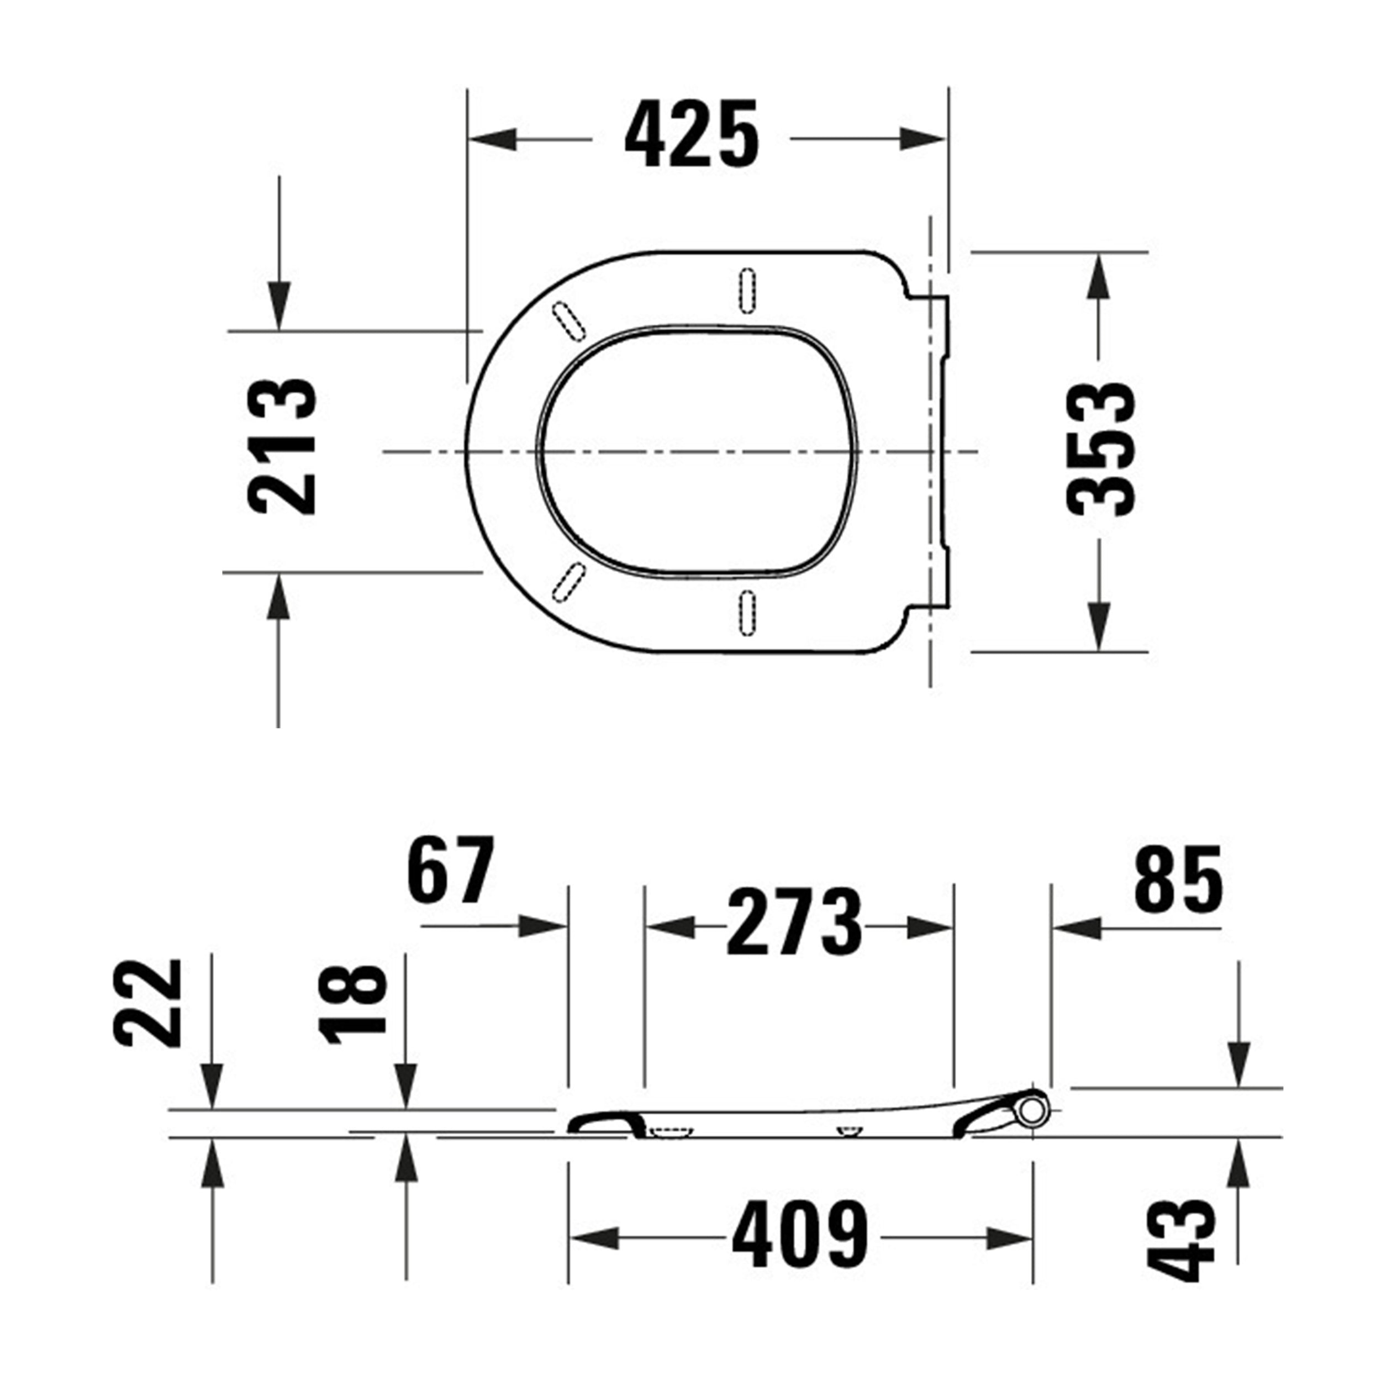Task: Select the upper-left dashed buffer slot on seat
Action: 569,321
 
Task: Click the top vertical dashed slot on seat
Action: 747,290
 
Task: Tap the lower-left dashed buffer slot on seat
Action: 568,582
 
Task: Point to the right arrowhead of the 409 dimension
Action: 1009,1238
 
